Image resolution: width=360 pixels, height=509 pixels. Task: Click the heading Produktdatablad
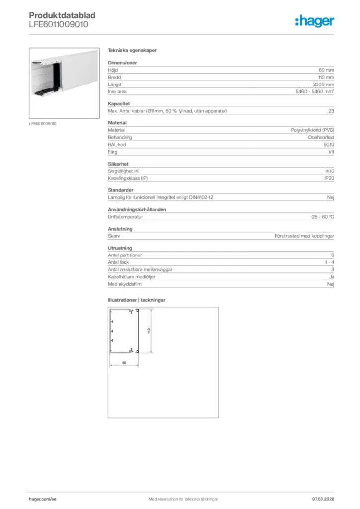62,15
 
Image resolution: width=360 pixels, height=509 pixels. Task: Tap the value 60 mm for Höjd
326,70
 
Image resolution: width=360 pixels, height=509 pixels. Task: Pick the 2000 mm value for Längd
324,85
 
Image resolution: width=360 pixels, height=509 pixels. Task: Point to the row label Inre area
117,92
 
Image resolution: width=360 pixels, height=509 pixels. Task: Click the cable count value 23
331,111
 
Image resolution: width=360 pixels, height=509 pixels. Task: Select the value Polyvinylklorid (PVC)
312,130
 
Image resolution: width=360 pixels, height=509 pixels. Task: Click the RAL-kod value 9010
329,144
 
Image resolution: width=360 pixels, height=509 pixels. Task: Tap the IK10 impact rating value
329,171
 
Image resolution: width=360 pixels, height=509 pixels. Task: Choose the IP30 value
329,178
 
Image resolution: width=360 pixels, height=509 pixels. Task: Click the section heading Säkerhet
118,163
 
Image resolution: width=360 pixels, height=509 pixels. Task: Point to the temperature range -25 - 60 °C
322,217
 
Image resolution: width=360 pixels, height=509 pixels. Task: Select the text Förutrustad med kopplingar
304,236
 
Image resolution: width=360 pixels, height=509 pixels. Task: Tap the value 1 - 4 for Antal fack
329,262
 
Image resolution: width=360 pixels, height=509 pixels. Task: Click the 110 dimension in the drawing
148,331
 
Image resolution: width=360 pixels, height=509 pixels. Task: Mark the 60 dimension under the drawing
124,362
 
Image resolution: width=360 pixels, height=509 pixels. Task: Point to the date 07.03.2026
323,499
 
